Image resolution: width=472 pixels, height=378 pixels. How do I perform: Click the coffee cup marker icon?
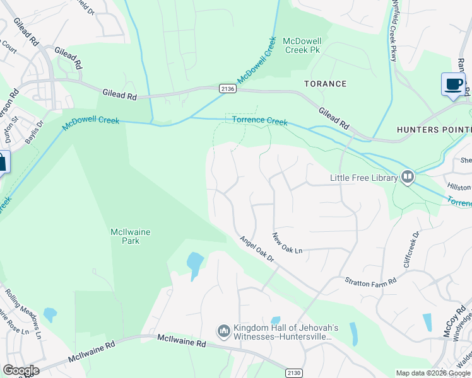452,84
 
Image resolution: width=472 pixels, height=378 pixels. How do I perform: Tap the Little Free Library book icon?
407,178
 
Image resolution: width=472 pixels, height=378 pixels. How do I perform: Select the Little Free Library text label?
363,178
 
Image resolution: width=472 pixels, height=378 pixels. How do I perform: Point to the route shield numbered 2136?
228,89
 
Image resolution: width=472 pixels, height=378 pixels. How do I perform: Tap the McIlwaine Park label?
130,236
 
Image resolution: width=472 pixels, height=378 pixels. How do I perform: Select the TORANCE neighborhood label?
325,84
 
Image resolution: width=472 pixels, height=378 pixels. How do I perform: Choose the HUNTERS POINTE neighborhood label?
434,130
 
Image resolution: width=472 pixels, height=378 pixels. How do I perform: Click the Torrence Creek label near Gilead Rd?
259,120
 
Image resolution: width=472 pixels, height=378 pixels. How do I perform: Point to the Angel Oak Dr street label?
257,249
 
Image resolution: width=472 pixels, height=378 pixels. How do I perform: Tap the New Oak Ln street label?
287,244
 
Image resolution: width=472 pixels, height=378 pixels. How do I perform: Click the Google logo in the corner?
20,370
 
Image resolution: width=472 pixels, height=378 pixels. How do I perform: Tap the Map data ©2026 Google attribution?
433,373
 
